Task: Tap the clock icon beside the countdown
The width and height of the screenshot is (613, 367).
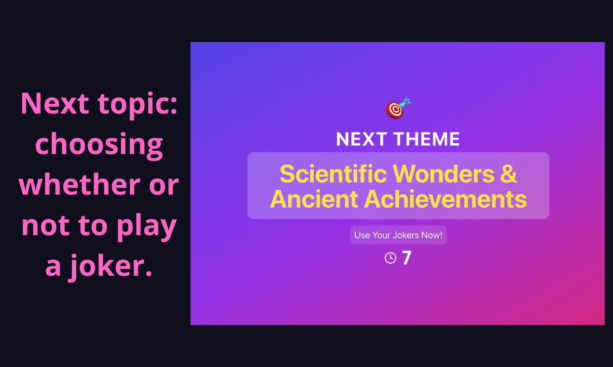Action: point(390,258)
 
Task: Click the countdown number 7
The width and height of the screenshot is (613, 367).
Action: point(406,258)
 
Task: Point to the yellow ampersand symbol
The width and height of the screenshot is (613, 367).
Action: point(509,174)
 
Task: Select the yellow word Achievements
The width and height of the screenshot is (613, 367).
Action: point(445,199)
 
